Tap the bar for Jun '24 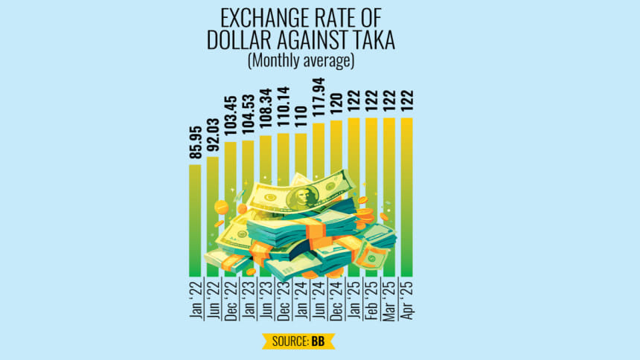[x=319, y=149]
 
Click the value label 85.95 [x=195, y=141]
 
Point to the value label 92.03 [x=213, y=134]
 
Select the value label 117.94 [x=319, y=99]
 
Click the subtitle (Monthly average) [x=301, y=61]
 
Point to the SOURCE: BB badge [x=298, y=341]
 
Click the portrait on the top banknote [x=301, y=195]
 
